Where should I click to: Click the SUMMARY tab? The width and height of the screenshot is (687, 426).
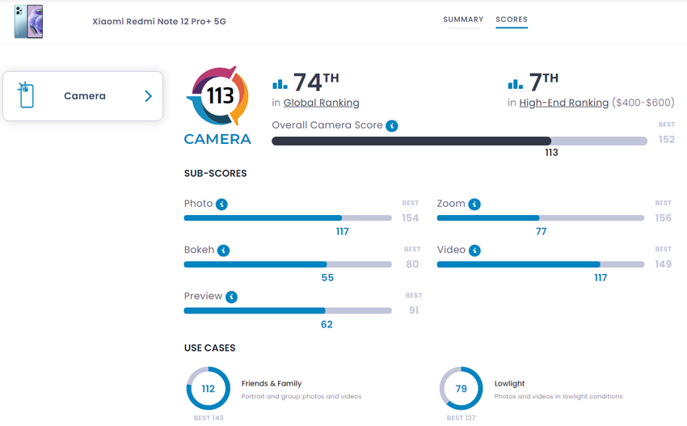pos(463,19)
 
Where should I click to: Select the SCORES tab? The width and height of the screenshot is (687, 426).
pos(512,19)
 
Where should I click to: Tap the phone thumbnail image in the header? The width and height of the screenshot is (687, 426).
pos(28,21)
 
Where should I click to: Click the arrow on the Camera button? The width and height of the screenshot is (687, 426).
pos(148,96)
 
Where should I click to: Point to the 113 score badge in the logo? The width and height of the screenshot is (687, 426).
pos(220,96)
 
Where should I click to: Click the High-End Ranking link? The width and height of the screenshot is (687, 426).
pos(563,103)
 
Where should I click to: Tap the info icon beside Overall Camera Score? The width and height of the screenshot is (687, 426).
pos(392,126)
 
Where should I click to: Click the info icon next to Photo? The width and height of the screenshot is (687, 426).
pos(221,205)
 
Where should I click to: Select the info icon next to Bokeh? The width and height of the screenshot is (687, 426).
pos(224,251)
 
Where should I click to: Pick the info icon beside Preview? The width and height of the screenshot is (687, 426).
pos(232,297)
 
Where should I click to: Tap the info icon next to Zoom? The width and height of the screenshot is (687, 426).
pos(474,205)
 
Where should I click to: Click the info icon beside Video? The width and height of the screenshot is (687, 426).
pos(474,251)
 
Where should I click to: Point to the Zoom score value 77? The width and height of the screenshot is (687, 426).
pos(541,231)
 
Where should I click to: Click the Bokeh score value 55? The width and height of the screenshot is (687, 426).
pos(327,277)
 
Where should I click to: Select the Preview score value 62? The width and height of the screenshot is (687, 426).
pos(327,324)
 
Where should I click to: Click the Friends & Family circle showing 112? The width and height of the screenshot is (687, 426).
pos(209,389)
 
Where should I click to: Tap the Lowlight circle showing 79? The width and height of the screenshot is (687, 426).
pos(462,389)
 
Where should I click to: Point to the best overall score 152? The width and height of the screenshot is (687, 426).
pos(666,139)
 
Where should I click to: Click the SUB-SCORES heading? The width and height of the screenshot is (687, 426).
pos(216,173)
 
